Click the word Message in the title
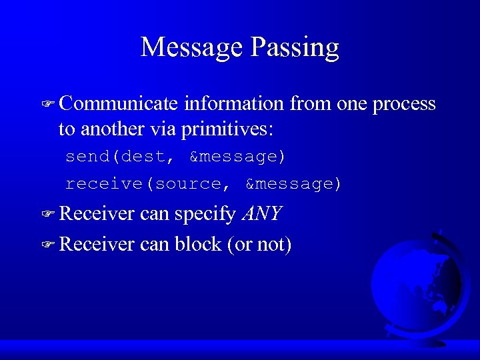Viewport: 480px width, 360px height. point(191,48)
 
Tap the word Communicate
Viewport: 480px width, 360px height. point(119,104)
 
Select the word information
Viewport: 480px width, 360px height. point(235,104)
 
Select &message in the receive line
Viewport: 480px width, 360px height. point(293,183)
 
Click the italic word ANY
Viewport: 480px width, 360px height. point(262,214)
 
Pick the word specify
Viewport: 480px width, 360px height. point(205,214)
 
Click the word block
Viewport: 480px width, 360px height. point(198,244)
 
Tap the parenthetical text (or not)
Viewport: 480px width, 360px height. point(259,244)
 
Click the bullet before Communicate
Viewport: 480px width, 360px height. point(47,105)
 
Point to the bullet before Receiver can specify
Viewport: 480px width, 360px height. point(47,215)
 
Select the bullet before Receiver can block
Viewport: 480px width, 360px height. point(47,245)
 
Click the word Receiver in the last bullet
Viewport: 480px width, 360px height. point(97,244)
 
